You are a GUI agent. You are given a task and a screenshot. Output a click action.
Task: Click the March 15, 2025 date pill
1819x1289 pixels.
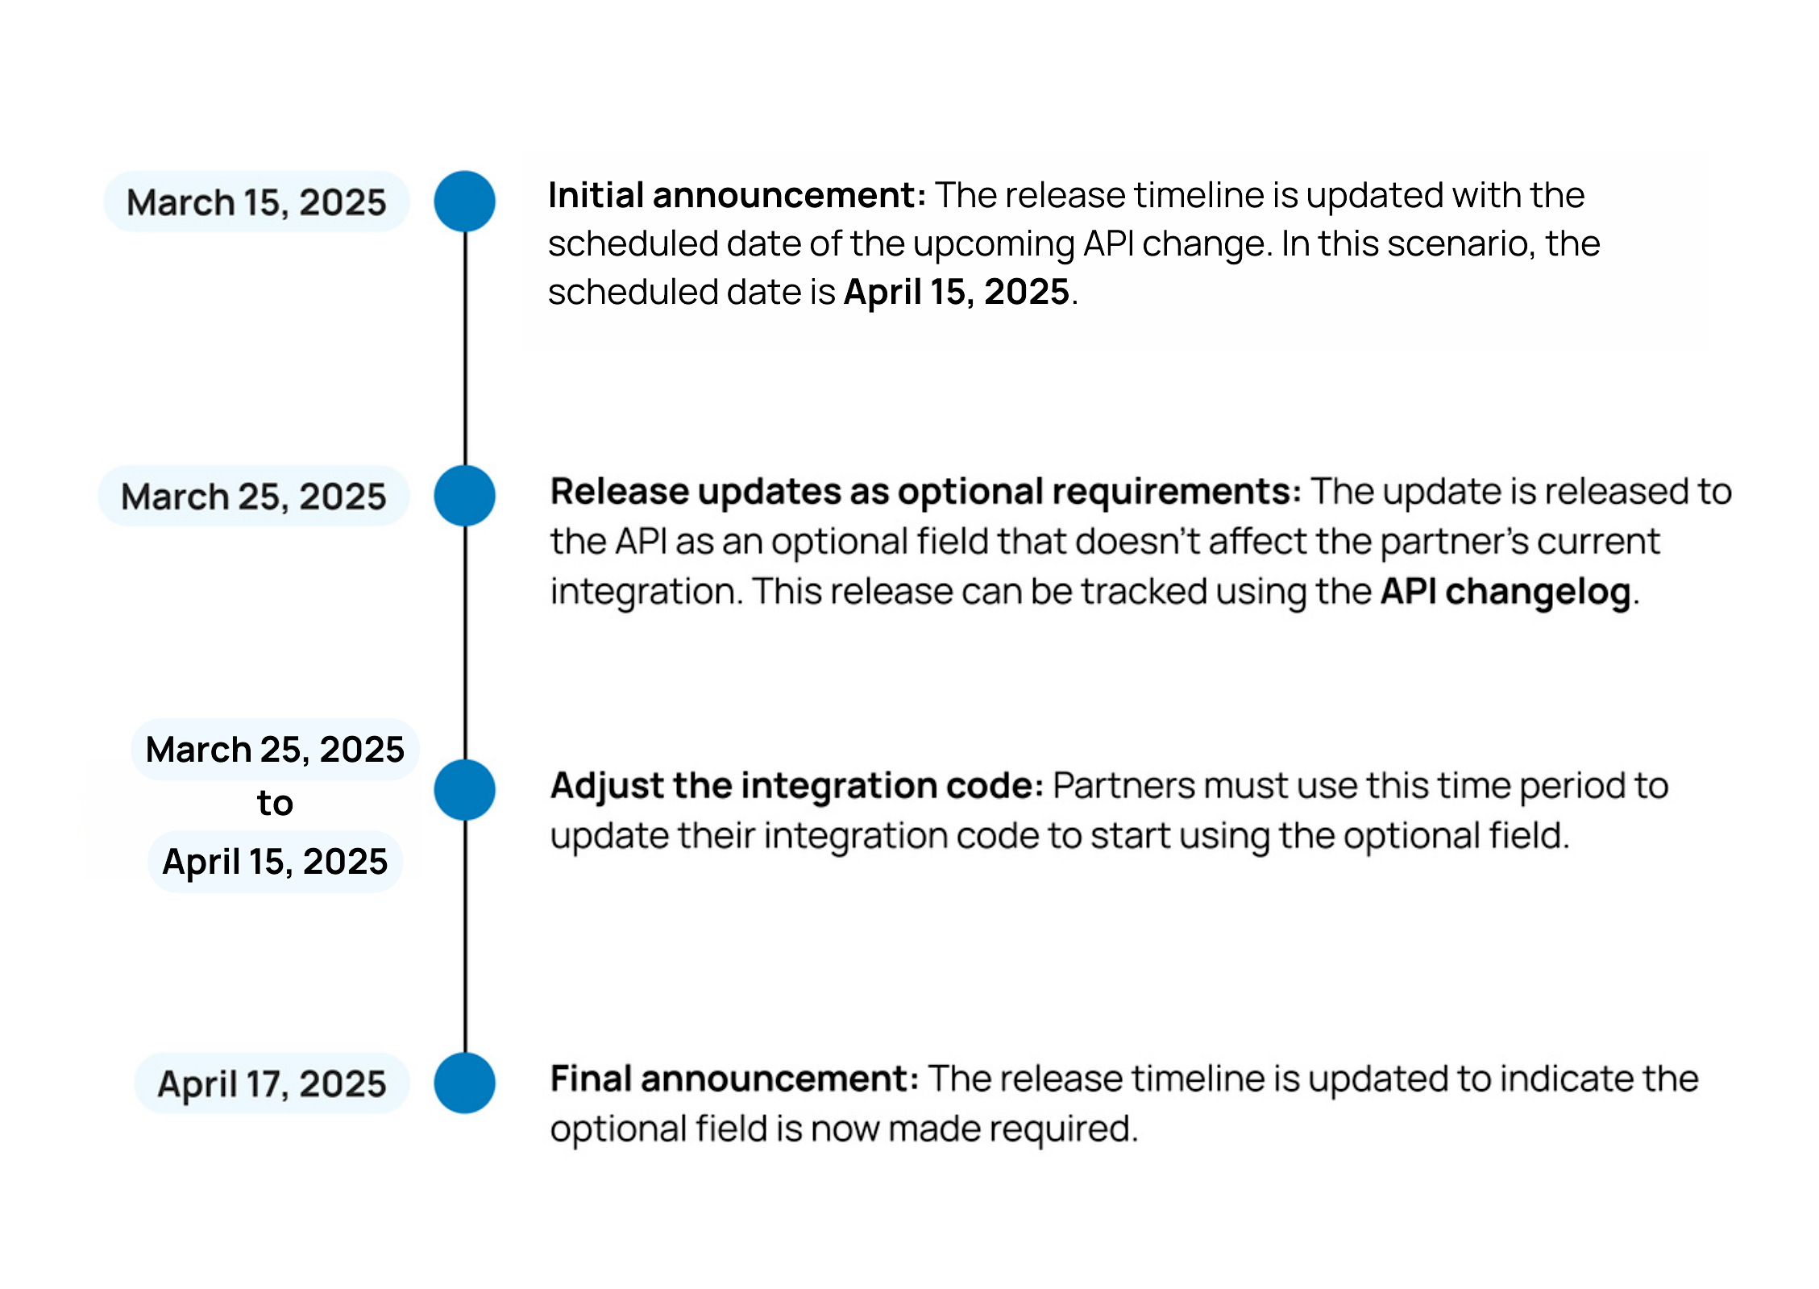tap(256, 202)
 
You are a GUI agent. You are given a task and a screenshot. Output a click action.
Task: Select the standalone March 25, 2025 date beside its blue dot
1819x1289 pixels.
tap(254, 496)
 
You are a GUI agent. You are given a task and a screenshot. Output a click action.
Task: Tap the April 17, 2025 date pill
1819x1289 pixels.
tap(272, 1083)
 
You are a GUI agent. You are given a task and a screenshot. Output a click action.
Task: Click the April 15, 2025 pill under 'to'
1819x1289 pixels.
tap(275, 861)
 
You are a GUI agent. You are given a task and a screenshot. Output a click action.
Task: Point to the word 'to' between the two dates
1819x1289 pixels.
tap(275, 803)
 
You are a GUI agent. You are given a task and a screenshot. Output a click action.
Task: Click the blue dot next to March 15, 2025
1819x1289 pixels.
tap(464, 202)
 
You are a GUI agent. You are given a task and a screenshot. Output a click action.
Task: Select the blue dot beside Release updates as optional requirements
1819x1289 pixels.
tap(464, 496)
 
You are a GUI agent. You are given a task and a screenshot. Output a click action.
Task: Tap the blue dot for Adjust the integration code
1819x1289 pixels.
tap(464, 790)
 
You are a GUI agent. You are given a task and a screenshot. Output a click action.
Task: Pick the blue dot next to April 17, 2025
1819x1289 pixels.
tap(464, 1083)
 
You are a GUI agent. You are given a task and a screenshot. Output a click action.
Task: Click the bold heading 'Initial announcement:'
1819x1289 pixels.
tap(737, 195)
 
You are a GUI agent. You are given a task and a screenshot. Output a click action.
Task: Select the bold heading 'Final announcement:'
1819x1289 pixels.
tap(734, 1079)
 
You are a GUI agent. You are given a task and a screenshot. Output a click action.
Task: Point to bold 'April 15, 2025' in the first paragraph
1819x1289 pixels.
tap(957, 292)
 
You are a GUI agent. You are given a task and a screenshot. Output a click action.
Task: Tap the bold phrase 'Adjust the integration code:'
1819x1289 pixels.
tap(797, 786)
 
